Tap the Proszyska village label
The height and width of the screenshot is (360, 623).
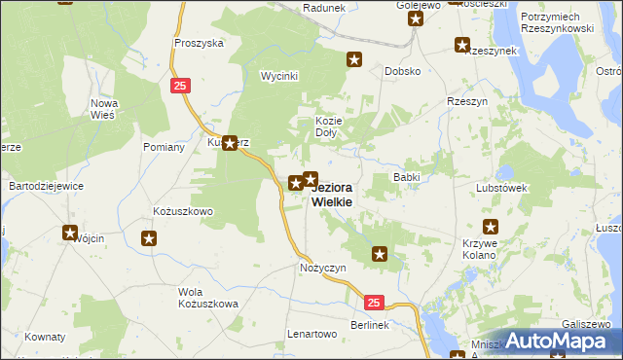tap(199, 43)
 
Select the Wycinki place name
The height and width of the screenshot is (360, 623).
tap(278, 76)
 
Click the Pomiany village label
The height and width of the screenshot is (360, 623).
tap(164, 147)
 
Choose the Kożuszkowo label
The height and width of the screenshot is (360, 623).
tap(183, 210)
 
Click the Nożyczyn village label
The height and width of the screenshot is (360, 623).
tap(323, 267)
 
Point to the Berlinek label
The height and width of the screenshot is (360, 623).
tap(369, 323)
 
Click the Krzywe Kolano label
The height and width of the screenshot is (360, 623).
tap(480, 248)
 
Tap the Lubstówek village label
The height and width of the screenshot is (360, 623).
tap(501, 188)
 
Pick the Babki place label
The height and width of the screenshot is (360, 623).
tap(406, 177)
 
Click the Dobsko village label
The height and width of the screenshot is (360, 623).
tap(402, 71)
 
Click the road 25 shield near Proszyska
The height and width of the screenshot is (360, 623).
tap(179, 86)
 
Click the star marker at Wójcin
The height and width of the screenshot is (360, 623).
tap(70, 233)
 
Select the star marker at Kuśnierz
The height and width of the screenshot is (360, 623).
tap(230, 143)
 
